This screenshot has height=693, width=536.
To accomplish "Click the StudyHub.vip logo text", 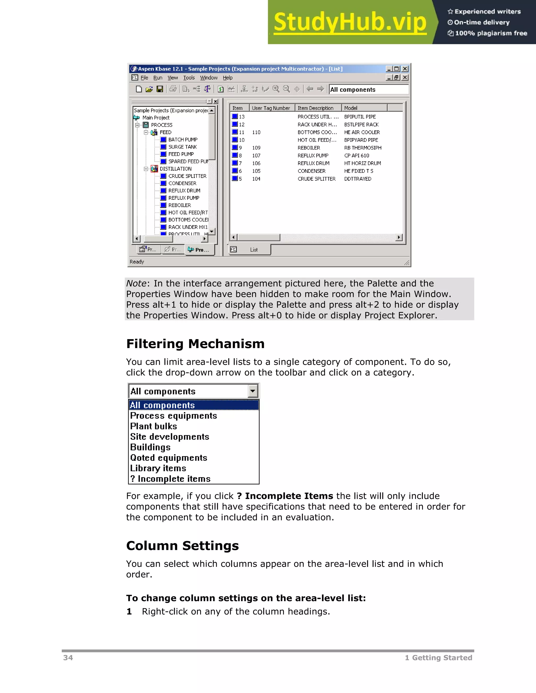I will pyautogui.click(x=350, y=22).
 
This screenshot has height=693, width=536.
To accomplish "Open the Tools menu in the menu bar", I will pyautogui.click(x=189, y=78).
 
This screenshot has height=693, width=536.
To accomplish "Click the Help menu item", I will pyautogui.click(x=227, y=78).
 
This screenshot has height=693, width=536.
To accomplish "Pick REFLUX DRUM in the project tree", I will pyautogui.click(x=184, y=191).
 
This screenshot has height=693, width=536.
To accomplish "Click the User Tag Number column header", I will pyautogui.click(x=271, y=108).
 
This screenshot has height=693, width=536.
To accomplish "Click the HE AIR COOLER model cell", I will pyautogui.click(x=362, y=132).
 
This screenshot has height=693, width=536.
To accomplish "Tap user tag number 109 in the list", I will pyautogui.click(x=256, y=148).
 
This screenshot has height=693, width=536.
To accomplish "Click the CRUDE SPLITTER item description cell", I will pyautogui.click(x=316, y=179).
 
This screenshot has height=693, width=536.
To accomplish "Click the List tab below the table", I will pyautogui.click(x=253, y=250).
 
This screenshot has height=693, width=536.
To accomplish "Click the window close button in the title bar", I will pyautogui.click(x=405, y=69).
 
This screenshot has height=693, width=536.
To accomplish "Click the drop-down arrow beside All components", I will pyautogui.click(x=253, y=391).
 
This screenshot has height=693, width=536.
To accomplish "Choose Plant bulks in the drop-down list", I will pyautogui.click(x=153, y=426).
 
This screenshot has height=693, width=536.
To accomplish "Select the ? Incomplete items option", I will pyautogui.click(x=170, y=479).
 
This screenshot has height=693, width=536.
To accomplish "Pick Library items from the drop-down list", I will pyautogui.click(x=158, y=468).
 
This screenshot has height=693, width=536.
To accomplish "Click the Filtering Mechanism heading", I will pyautogui.click(x=195, y=344).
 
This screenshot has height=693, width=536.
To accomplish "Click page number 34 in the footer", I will pyautogui.click(x=68, y=658).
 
